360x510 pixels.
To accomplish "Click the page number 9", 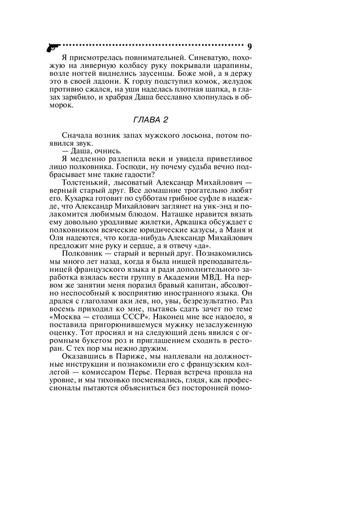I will click(x=250, y=46).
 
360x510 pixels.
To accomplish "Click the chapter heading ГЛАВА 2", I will click(x=150, y=120).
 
